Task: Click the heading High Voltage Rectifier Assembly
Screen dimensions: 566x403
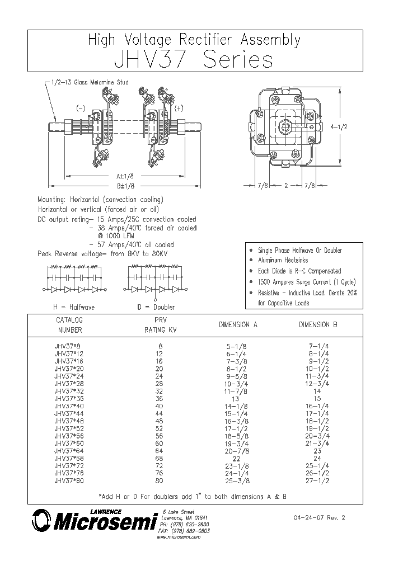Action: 194,40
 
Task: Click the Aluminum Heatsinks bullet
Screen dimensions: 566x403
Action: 283,261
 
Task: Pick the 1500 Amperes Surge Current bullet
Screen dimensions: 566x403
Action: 306,282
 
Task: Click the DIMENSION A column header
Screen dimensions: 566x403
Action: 238,324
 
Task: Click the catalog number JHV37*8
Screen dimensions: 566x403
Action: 68,346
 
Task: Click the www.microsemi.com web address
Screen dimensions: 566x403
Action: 178,537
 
